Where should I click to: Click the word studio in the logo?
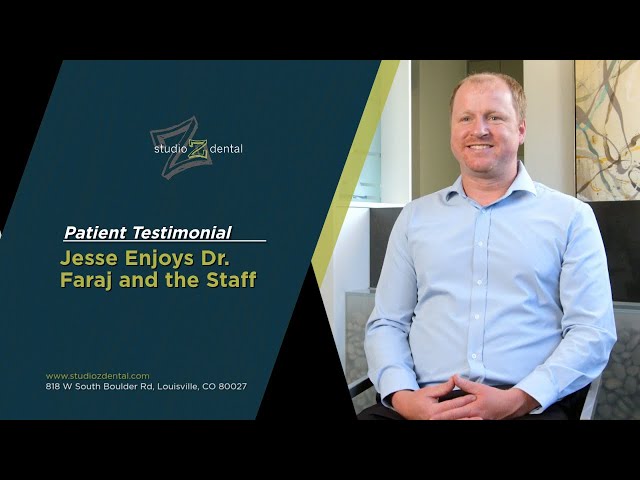click(x=171, y=149)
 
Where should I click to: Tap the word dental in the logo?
click(x=225, y=149)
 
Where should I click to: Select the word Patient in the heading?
click(x=95, y=233)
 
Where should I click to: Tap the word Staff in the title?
click(x=232, y=280)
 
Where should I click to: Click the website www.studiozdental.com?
click(x=98, y=376)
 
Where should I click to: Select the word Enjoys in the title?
click(x=154, y=258)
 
